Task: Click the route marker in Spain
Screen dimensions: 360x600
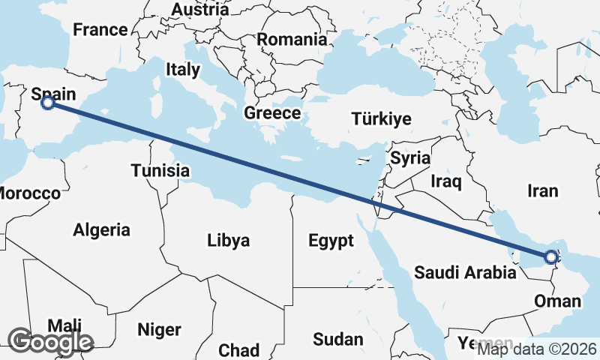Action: (48, 103)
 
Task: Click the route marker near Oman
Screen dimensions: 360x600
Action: (551, 257)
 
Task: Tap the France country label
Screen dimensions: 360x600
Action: (100, 30)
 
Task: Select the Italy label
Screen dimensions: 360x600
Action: (183, 70)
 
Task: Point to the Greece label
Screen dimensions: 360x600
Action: (272, 114)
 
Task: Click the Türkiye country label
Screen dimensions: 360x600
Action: (382, 119)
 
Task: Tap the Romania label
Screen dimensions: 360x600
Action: (292, 40)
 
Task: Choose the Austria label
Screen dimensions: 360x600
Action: (200, 10)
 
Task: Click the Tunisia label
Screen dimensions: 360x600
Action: (160, 171)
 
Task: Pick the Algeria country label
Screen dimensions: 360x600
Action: (101, 230)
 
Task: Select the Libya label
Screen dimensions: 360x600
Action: (228, 241)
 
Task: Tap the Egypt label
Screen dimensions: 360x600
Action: (331, 241)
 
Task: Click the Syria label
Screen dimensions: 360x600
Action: (410, 158)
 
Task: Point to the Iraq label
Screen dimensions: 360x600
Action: (446, 181)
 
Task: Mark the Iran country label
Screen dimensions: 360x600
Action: (543, 191)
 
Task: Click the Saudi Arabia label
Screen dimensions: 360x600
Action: (465, 272)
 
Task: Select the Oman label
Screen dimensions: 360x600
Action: (558, 301)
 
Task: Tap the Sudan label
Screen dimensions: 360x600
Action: (337, 340)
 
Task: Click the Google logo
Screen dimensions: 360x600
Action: (50, 342)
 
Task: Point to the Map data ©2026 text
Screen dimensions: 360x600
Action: (537, 349)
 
